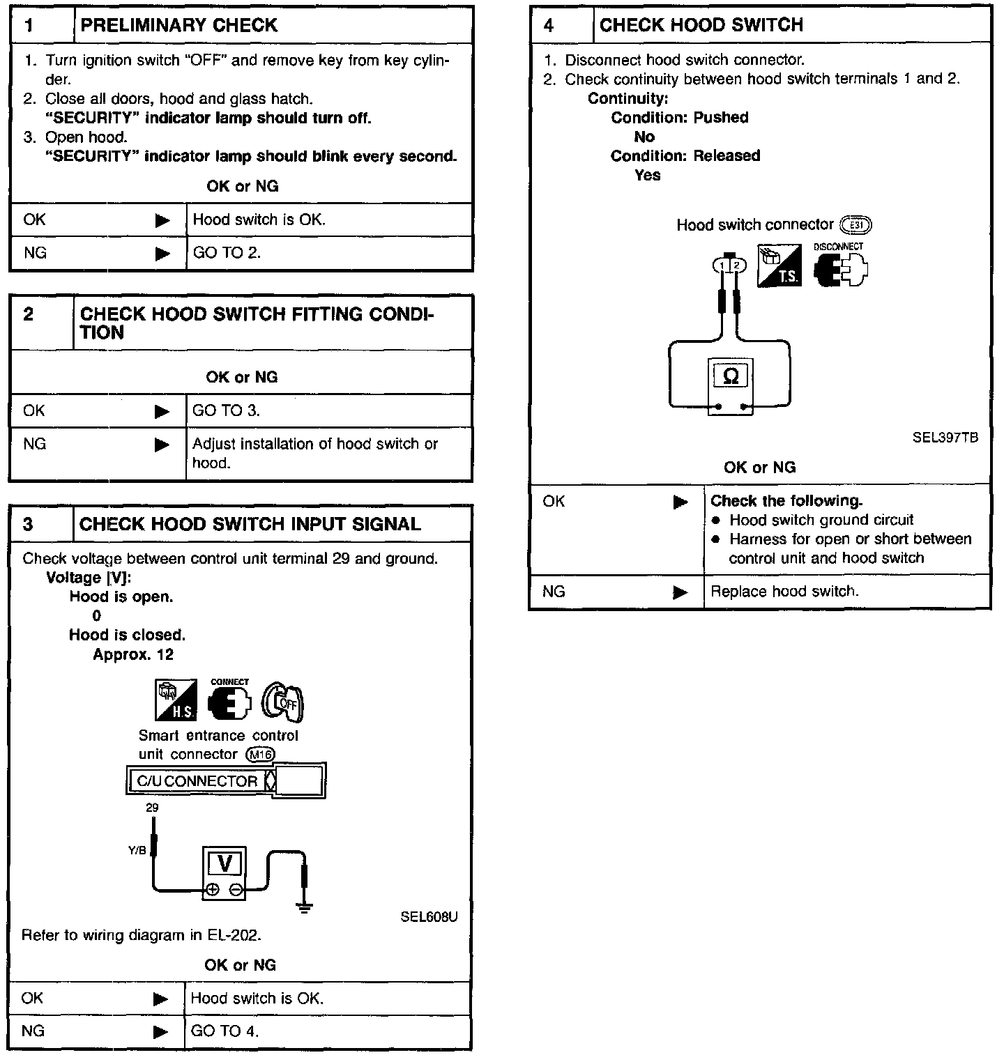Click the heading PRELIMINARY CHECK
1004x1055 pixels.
coord(179,26)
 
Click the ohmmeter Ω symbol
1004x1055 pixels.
coord(731,377)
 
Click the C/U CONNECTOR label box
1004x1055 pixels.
coord(197,781)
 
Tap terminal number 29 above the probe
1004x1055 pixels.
coord(152,808)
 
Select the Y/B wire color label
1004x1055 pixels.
coord(137,850)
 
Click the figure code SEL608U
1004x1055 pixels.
coord(429,916)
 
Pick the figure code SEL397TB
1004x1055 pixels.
coord(945,438)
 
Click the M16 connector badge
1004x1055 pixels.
coord(261,755)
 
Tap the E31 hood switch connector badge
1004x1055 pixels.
coord(856,225)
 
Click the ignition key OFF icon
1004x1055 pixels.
coord(283,701)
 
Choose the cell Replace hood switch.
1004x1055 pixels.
coord(784,592)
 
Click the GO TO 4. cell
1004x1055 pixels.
coord(225,1031)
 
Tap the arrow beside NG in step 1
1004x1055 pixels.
coord(162,253)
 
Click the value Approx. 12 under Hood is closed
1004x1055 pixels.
coord(133,654)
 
